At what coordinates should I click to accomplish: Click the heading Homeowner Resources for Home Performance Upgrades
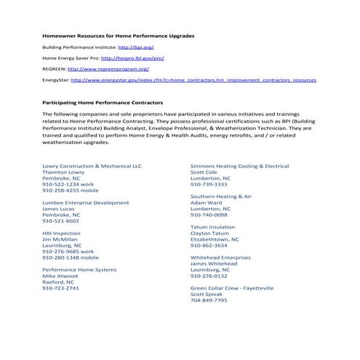click(x=118, y=35)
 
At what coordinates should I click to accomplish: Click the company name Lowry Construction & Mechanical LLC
click(x=92, y=166)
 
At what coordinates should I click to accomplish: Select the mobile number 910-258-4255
click(x=71, y=190)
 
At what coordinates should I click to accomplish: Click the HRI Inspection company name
click(x=62, y=233)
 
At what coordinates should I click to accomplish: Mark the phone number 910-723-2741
click(x=61, y=288)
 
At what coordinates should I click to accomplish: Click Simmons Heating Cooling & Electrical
click(x=239, y=166)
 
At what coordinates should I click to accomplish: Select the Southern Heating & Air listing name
click(x=220, y=196)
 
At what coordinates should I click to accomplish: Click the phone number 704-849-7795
click(x=209, y=300)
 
